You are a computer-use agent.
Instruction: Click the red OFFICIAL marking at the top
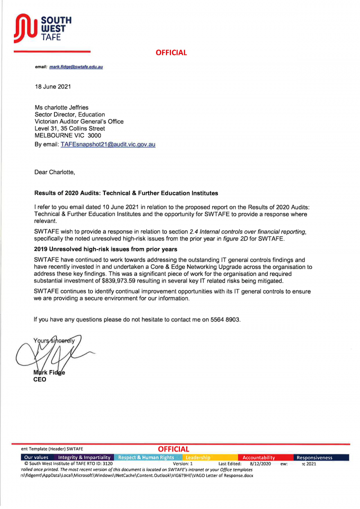tap(171, 52)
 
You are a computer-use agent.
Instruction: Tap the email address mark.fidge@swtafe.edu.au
tap(76, 66)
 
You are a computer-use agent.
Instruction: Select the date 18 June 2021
tap(52, 86)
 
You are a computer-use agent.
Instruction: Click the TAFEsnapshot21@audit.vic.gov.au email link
tap(108, 144)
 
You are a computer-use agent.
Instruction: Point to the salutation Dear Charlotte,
tap(54, 172)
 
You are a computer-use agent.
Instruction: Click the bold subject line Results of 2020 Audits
tap(126, 193)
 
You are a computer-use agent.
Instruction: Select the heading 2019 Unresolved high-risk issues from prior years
tap(105, 249)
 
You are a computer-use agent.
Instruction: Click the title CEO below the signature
tap(39, 379)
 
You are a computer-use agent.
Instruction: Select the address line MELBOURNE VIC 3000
tap(67, 135)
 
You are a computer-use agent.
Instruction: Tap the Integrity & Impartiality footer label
tap(84, 457)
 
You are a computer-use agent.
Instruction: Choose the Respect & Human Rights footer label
tap(146, 457)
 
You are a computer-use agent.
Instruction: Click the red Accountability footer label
tap(258, 457)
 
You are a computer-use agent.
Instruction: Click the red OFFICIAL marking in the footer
tap(173, 449)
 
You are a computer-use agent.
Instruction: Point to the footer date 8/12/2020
tap(260, 464)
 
